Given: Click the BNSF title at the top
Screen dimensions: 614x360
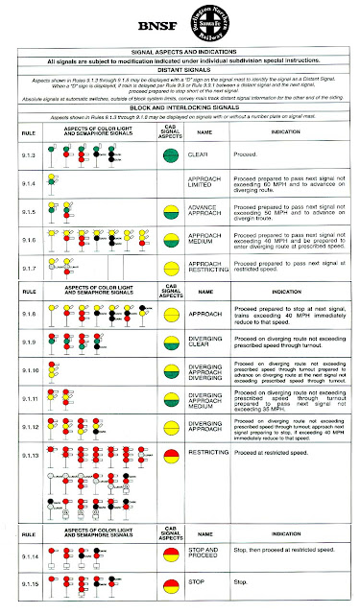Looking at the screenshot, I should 180,27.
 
